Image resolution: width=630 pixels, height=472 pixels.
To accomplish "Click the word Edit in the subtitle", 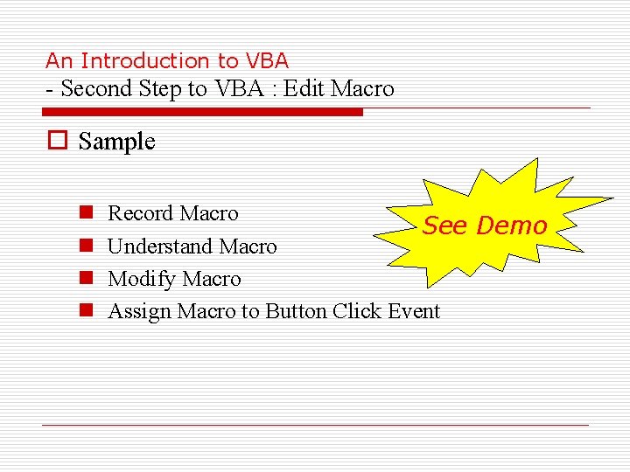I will (x=309, y=88).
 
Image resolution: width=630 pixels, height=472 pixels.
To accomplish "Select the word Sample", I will (x=116, y=142).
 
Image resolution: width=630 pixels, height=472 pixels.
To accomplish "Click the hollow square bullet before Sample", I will (x=57, y=142).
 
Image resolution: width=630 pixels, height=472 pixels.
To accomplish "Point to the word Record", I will (x=140, y=213).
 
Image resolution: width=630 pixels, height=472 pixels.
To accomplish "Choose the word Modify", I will (x=140, y=279).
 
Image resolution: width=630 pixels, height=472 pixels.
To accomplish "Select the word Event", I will (x=411, y=311).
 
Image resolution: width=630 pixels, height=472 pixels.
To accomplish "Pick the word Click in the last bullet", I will (x=356, y=311).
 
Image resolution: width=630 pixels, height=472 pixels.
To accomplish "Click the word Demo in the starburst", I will (x=512, y=226).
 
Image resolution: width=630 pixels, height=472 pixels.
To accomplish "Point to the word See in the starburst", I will (x=446, y=226).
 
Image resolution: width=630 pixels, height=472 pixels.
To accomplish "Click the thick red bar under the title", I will (x=202, y=112).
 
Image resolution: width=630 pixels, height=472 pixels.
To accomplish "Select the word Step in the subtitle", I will (x=160, y=88).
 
